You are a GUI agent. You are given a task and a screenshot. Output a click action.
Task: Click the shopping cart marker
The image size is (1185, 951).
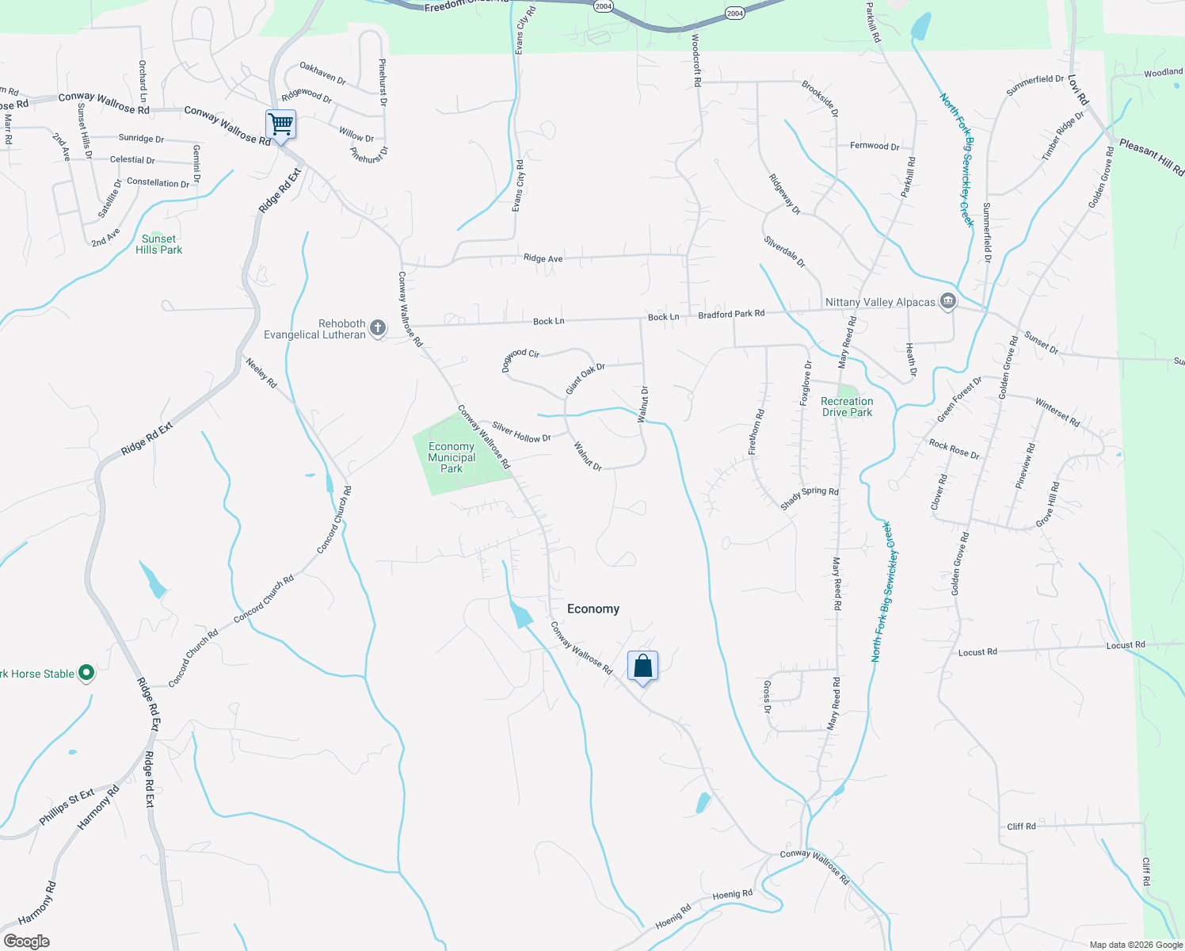coord(280,124)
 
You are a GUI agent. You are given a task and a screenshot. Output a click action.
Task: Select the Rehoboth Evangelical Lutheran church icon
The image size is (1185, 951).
coord(378,327)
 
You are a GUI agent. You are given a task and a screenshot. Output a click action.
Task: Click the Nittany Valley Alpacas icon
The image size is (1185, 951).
coord(947,301)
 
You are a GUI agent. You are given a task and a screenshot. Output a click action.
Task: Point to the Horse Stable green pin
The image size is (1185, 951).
coord(86,674)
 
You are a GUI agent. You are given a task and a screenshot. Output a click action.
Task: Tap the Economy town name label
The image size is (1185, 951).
coord(593,609)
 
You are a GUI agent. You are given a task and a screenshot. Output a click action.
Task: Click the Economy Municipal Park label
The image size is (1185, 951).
coord(452,457)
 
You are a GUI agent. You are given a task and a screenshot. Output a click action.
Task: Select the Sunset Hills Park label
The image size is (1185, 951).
coord(158,244)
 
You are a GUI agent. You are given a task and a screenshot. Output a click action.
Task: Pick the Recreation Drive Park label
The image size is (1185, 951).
coord(847,407)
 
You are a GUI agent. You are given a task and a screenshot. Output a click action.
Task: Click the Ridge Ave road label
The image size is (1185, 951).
coord(543,258)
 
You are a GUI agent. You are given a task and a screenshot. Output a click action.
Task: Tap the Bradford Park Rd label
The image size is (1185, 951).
coord(731,315)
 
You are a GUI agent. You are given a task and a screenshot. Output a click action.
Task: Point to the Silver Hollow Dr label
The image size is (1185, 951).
coord(521,432)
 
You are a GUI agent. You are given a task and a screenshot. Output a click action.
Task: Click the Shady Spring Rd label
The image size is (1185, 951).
coord(809,498)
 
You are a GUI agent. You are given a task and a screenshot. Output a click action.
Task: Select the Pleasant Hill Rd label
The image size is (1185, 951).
coord(1151,158)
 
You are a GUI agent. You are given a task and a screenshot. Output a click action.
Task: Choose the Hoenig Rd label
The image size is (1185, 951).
coord(732,895)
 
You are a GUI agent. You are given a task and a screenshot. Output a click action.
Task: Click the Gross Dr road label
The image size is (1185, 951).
coord(767,697)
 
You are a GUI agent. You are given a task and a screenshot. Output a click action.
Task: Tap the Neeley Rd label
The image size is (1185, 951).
coord(261,372)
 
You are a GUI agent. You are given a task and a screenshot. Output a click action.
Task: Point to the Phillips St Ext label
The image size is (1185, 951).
coord(67,807)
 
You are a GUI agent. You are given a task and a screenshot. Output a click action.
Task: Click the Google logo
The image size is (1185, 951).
coord(26,941)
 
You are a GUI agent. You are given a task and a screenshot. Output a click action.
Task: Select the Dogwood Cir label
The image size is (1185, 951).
coord(520,359)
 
